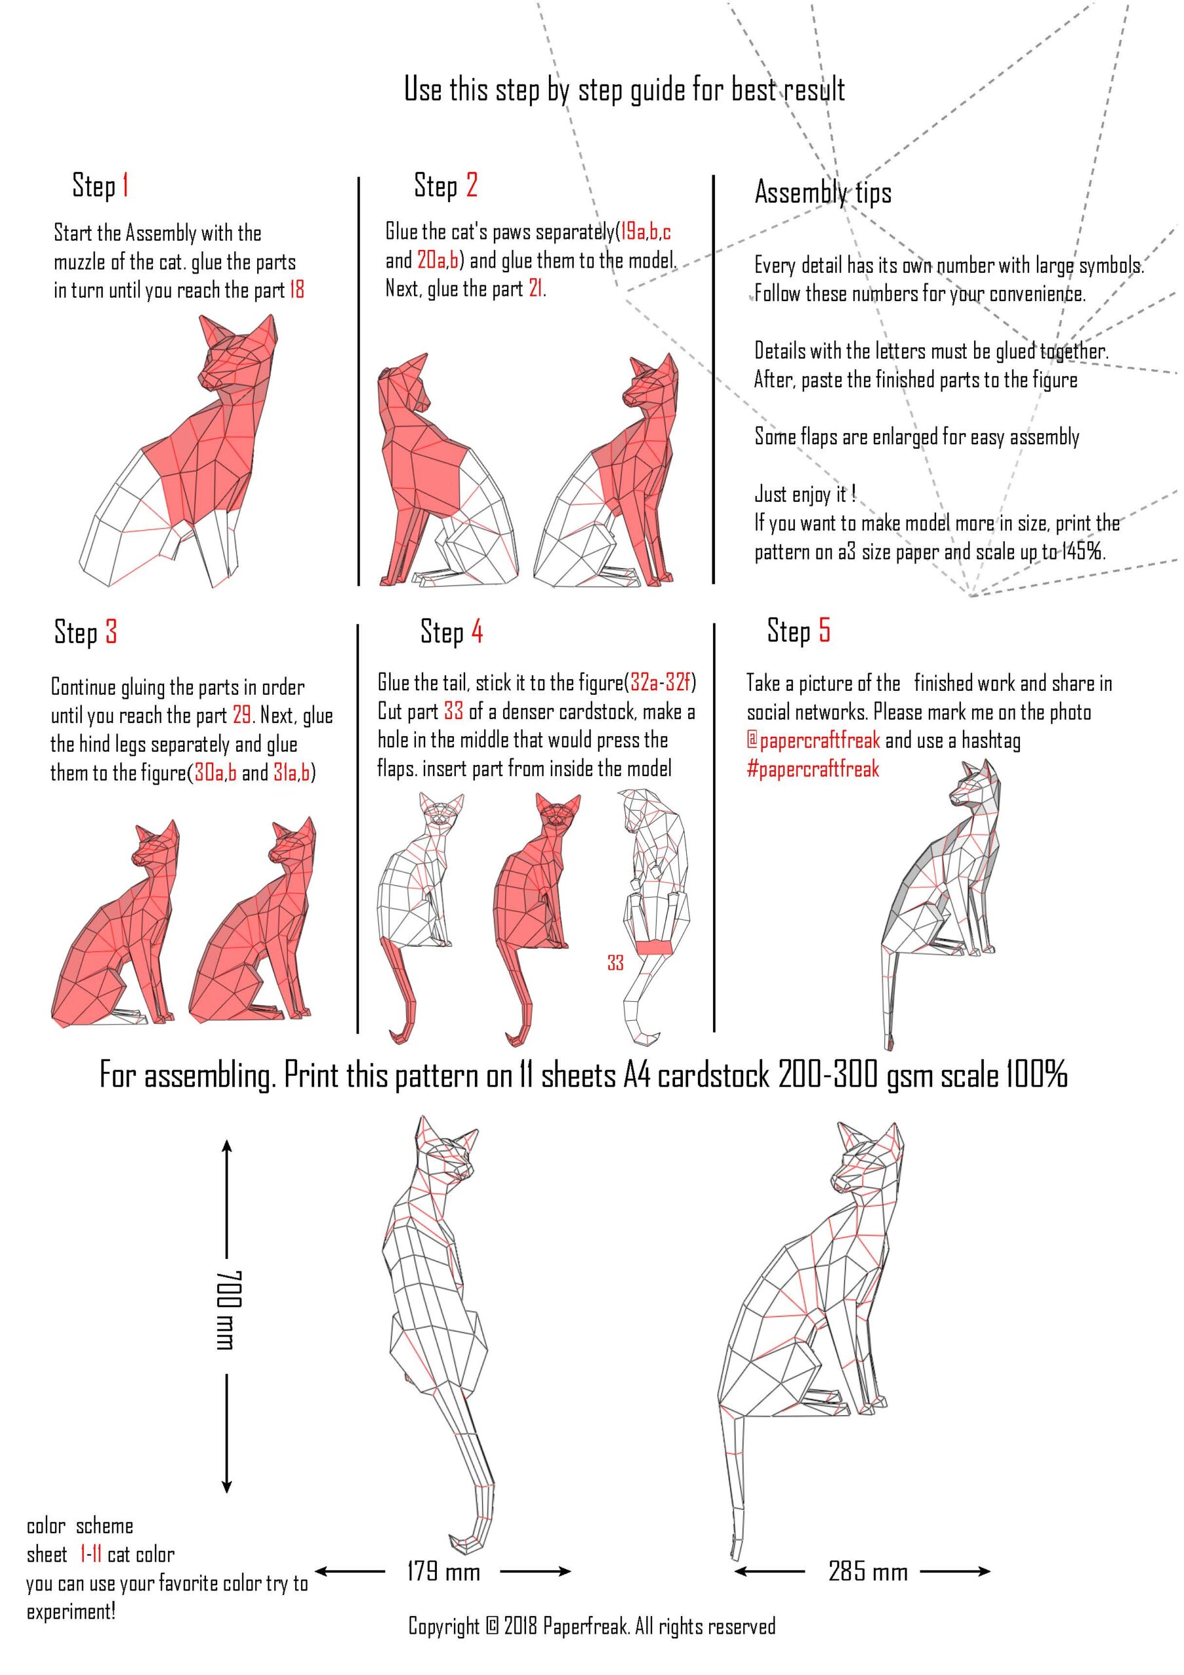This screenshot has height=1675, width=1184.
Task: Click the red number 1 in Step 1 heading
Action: (126, 185)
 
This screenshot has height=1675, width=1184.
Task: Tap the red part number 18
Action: (296, 291)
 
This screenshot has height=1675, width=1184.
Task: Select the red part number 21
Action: (536, 289)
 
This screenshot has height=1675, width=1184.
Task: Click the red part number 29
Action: (242, 715)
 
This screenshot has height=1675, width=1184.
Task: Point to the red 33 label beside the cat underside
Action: (615, 963)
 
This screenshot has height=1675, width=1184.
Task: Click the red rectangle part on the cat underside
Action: (653, 947)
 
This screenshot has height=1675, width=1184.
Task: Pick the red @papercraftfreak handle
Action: (813, 741)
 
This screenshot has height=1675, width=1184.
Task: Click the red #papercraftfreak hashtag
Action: (812, 769)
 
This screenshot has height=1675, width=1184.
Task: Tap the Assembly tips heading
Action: (823, 192)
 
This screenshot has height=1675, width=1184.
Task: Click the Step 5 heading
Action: (798, 630)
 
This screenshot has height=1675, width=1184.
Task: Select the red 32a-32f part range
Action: (660, 683)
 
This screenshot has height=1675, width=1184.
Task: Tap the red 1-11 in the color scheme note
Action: (90, 1555)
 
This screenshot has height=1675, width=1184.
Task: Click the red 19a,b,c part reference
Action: (646, 232)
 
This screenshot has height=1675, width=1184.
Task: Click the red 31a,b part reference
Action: (292, 773)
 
